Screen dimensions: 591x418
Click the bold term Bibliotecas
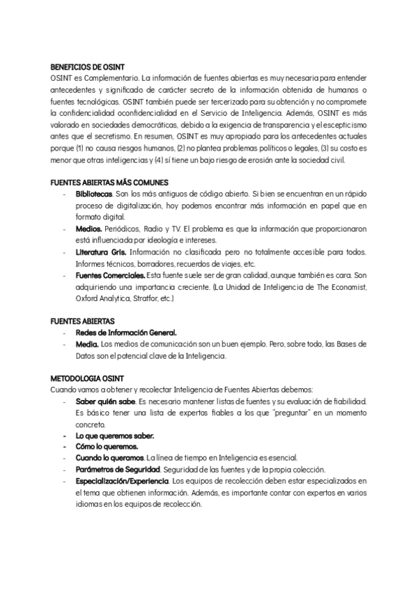coord(94,192)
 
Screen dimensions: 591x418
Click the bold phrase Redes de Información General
coord(126,332)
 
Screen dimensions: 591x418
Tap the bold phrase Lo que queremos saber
coord(115,435)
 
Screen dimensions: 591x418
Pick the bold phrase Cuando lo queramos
coord(110,457)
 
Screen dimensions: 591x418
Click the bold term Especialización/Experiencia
coord(122,480)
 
